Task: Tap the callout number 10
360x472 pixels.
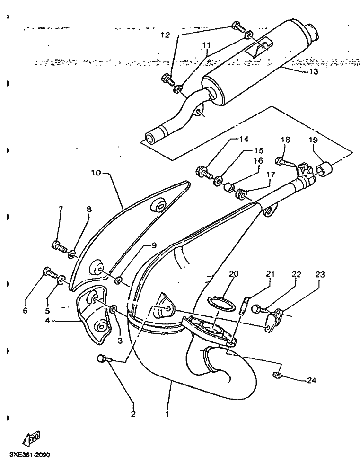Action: pos(96,173)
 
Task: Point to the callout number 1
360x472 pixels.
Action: pos(167,414)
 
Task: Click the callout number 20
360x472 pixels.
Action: pos(234,273)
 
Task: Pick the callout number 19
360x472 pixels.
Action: pos(315,140)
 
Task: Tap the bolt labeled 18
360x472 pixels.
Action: pos(282,162)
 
